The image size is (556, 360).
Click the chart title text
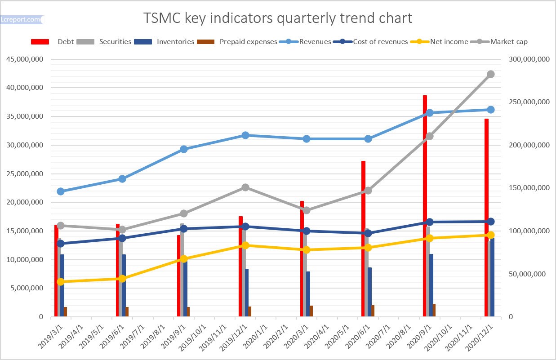pos(277,18)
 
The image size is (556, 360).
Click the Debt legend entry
pos(66,42)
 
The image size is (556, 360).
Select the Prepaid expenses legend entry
pos(248,42)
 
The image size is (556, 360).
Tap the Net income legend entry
pos(449,42)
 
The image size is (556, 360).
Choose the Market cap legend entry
pos(508,42)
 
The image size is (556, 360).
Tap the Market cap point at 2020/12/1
pos(491,74)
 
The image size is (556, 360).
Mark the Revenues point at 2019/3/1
pos(61,191)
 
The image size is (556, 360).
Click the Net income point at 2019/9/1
pos(184,259)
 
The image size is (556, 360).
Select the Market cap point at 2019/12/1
pos(245,187)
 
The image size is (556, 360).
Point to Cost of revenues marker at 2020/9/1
pos(429,222)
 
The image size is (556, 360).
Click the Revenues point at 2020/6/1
pos(368,139)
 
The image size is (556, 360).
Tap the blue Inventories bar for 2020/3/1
pos(308,294)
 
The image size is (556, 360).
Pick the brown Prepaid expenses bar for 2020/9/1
pos(434,310)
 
